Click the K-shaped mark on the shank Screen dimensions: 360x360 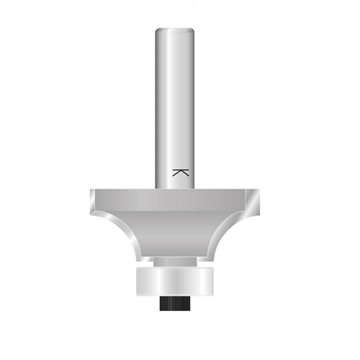coord(181,173)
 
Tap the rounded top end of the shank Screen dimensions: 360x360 coord(175,30)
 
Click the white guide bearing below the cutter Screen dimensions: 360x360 coord(174,281)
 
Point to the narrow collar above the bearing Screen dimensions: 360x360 coord(175,261)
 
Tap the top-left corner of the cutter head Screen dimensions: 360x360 coord(91,189)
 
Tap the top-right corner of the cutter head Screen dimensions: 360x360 coord(260,189)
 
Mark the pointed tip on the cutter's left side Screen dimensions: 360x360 coord(91,215)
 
